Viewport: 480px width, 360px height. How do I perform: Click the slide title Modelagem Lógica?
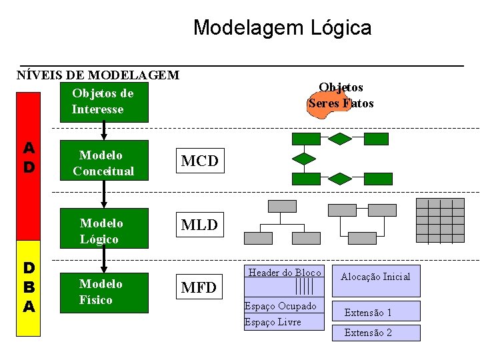coord(282,28)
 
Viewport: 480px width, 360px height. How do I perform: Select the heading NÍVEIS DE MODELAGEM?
coord(98,75)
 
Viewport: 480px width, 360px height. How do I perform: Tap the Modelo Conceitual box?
coord(103,163)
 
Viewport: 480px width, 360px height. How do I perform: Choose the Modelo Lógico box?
coord(103,231)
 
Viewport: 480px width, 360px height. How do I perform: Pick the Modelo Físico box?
coord(103,292)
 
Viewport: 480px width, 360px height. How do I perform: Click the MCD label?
coord(199,161)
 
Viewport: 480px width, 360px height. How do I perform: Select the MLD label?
coord(199,225)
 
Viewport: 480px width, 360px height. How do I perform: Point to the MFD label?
coord(199,288)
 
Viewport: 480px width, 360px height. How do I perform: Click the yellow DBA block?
coord(29,287)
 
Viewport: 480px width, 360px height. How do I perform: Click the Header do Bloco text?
coord(285,273)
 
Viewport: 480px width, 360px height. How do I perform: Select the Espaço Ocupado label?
coord(281,306)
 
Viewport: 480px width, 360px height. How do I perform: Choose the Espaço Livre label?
coord(273,322)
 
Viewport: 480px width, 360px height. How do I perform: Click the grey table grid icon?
coord(439,220)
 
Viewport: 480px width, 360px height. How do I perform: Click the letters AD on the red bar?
coord(29,157)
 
